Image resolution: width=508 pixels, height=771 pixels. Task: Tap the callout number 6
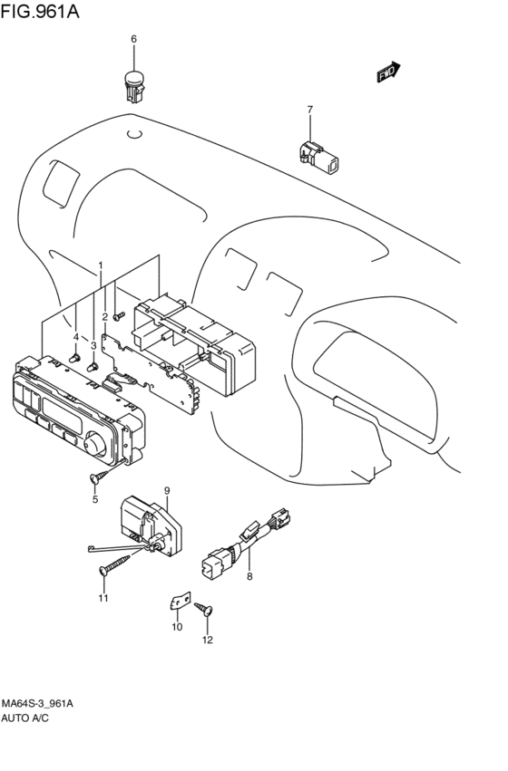click(133, 39)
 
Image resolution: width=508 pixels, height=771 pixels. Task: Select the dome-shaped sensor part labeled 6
click(133, 84)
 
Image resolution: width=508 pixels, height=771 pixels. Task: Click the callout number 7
click(309, 111)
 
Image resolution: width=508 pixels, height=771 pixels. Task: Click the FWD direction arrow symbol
click(387, 71)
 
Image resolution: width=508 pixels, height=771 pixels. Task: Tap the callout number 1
click(101, 266)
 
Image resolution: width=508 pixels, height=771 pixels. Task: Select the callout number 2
click(105, 316)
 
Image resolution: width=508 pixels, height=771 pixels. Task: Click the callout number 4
click(76, 337)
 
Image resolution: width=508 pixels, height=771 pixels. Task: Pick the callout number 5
click(94, 499)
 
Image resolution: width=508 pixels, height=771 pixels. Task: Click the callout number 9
click(167, 491)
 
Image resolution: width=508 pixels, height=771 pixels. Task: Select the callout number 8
click(249, 576)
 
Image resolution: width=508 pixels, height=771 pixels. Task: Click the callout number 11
click(103, 599)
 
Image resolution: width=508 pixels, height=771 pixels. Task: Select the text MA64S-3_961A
click(37, 704)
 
